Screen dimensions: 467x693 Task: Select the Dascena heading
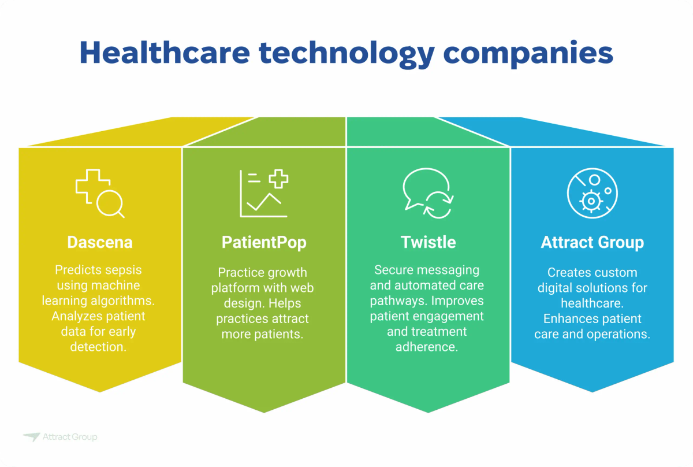(100, 242)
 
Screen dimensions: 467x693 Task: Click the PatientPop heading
(264, 242)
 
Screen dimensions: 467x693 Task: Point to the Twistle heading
(428, 242)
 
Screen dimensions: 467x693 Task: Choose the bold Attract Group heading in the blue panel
(592, 242)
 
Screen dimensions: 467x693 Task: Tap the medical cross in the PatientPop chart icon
(279, 179)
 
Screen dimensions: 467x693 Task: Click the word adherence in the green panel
(428, 347)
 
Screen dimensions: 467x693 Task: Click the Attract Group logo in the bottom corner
(60, 437)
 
